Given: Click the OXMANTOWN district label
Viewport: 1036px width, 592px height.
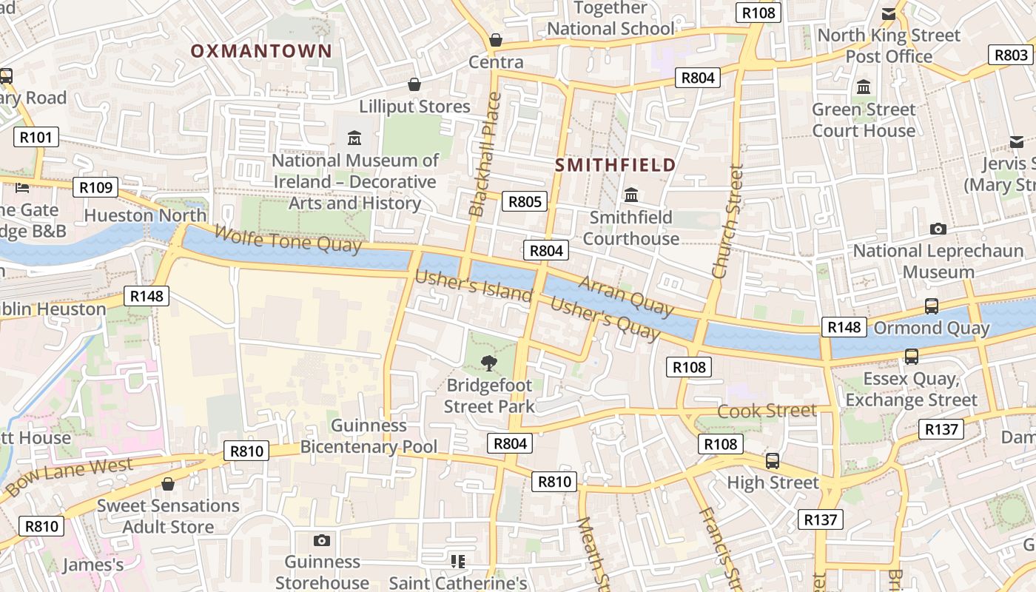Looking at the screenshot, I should click(x=261, y=51).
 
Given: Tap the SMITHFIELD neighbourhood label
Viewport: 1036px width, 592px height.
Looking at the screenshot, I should click(x=616, y=165).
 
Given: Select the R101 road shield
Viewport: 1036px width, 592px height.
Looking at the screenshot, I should click(x=36, y=137).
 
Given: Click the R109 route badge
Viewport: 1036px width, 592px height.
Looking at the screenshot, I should click(x=96, y=187).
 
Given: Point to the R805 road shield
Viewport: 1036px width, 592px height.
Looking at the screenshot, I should click(x=524, y=201).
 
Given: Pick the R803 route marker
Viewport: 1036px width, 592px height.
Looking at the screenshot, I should click(x=1011, y=55).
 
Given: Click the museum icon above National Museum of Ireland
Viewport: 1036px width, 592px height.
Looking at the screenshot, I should click(x=354, y=138).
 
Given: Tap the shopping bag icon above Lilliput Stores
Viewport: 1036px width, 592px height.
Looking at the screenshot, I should click(x=414, y=84).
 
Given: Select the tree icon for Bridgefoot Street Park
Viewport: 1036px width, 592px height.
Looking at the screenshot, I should click(x=488, y=363).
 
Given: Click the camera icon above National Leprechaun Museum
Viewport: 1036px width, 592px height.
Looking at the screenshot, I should click(x=938, y=229).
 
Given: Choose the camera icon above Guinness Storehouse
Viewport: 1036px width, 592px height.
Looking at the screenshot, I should click(x=321, y=541).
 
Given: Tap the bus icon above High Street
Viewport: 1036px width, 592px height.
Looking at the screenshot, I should click(x=773, y=461).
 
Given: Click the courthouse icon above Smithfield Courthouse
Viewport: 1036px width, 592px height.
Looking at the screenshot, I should click(x=631, y=195).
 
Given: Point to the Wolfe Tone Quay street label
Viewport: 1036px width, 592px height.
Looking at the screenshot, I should click(x=288, y=238).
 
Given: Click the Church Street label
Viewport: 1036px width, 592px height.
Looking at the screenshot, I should click(x=727, y=221).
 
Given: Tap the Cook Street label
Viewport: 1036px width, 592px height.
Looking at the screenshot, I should click(x=767, y=411).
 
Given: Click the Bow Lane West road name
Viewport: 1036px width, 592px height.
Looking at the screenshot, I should click(x=70, y=477).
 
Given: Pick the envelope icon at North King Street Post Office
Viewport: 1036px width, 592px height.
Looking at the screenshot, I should click(x=889, y=13).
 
